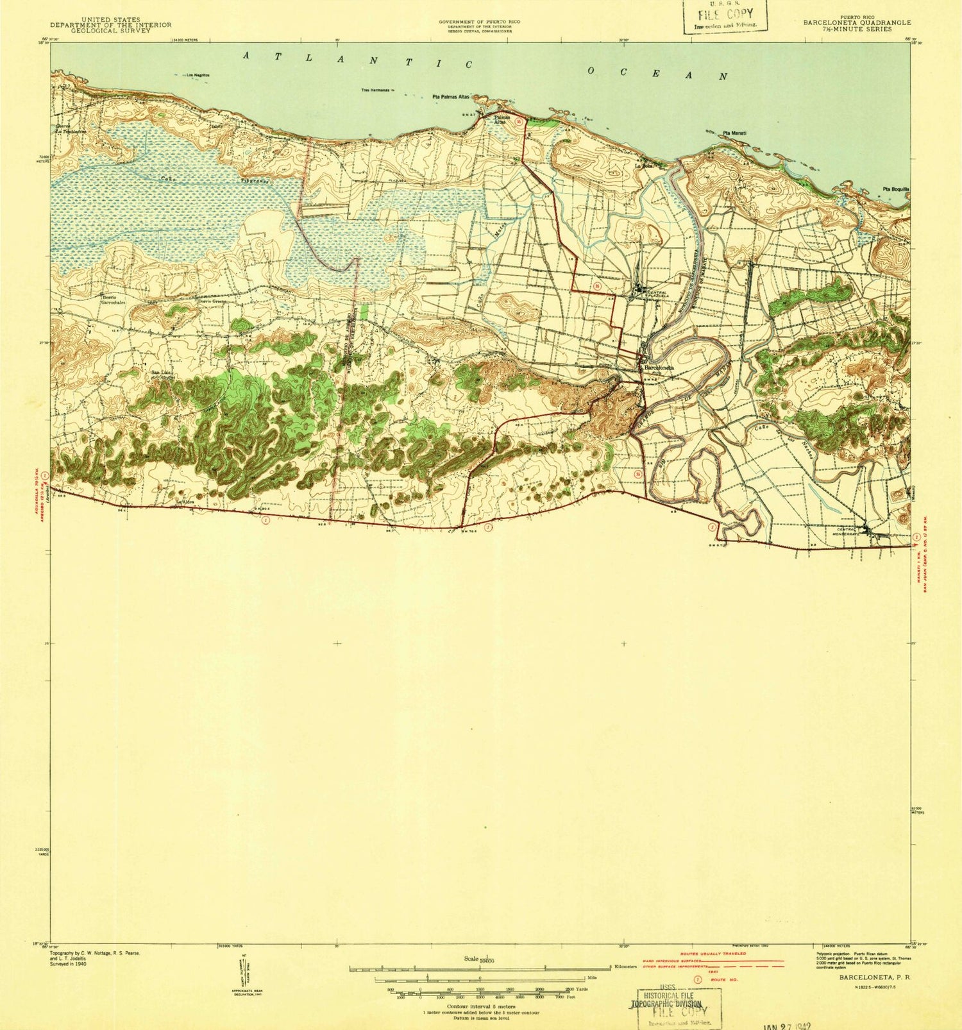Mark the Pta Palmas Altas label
[x=451, y=97]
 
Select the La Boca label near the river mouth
[x=643, y=165]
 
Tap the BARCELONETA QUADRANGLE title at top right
[x=856, y=22]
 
